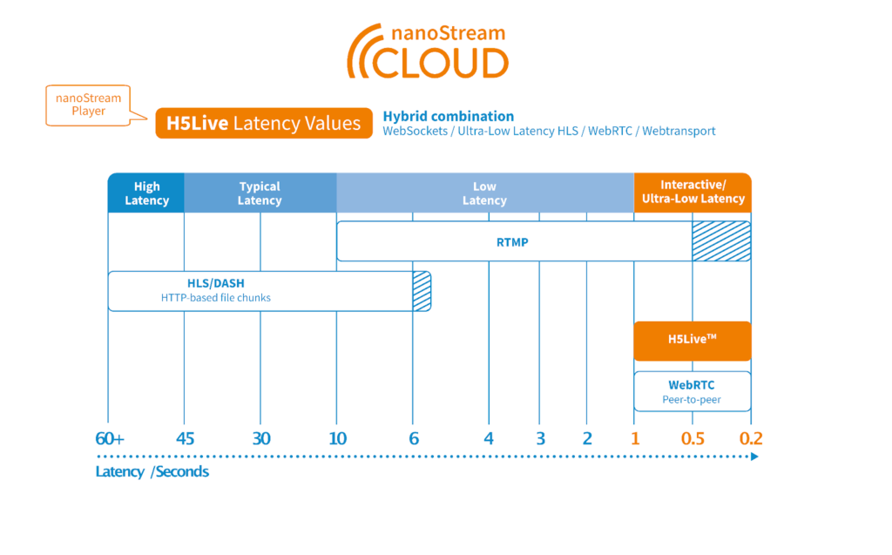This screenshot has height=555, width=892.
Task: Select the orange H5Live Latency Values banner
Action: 263,124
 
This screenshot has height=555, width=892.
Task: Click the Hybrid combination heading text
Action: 448,116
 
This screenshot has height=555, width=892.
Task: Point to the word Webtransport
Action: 679,132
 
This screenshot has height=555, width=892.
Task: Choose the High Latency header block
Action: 146,193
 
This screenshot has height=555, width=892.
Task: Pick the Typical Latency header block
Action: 260,193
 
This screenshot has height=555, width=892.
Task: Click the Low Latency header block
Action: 484,193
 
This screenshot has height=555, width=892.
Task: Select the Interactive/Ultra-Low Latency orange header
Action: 693,193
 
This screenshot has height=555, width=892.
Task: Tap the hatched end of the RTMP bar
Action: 721,241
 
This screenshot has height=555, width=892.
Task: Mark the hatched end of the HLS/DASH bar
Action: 422,291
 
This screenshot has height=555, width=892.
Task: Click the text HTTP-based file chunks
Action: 215,298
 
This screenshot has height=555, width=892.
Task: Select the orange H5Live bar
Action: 692,341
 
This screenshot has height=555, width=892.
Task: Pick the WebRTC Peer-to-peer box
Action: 692,392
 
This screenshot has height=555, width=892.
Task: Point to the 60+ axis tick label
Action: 110,438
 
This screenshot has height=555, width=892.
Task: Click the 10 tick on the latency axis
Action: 337,438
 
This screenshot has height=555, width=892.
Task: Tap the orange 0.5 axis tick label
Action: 693,438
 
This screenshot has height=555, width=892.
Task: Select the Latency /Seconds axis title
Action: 152,472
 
